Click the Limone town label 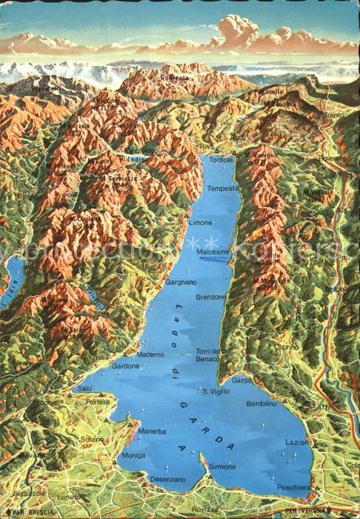(x=200, y=222)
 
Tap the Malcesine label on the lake (x=213, y=251)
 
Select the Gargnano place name (x=181, y=282)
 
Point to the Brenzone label (x=211, y=296)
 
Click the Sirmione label (x=221, y=466)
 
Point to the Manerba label (x=152, y=431)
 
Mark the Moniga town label (x=133, y=454)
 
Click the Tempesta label (x=223, y=188)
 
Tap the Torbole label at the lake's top (x=221, y=159)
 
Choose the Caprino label (x=286, y=346)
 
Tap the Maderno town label (x=150, y=354)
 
